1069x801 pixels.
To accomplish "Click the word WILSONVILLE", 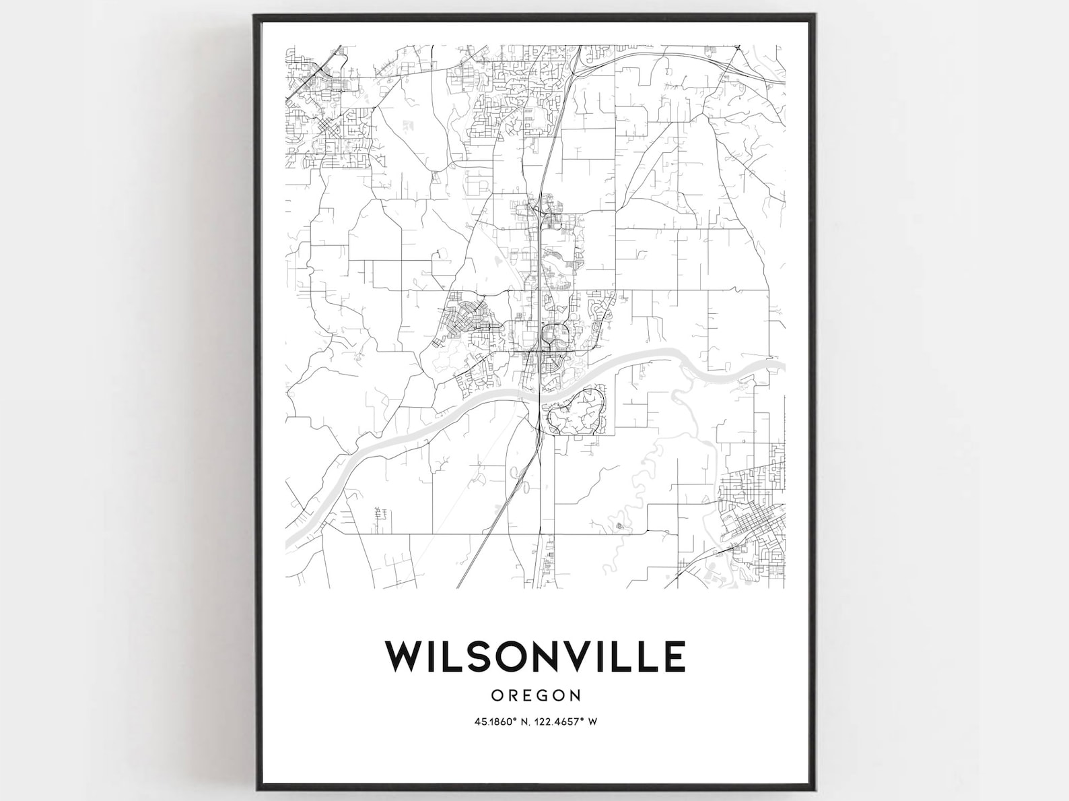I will pos(535,656).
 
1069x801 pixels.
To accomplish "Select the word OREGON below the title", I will pos(536,695).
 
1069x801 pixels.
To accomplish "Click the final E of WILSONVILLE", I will pos(674,656).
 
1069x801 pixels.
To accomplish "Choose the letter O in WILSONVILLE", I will pos(519,656).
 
